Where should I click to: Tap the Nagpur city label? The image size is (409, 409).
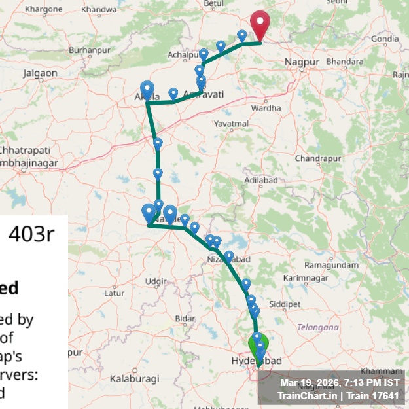click(302, 62)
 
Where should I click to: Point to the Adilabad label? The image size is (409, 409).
click(256, 179)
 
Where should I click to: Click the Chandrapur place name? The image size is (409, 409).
click(319, 158)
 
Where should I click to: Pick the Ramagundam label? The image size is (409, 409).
click(332, 265)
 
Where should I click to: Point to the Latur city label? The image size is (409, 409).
click(114, 293)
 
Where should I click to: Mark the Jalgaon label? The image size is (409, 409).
click(41, 73)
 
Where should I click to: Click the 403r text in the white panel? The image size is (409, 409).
click(31, 234)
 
